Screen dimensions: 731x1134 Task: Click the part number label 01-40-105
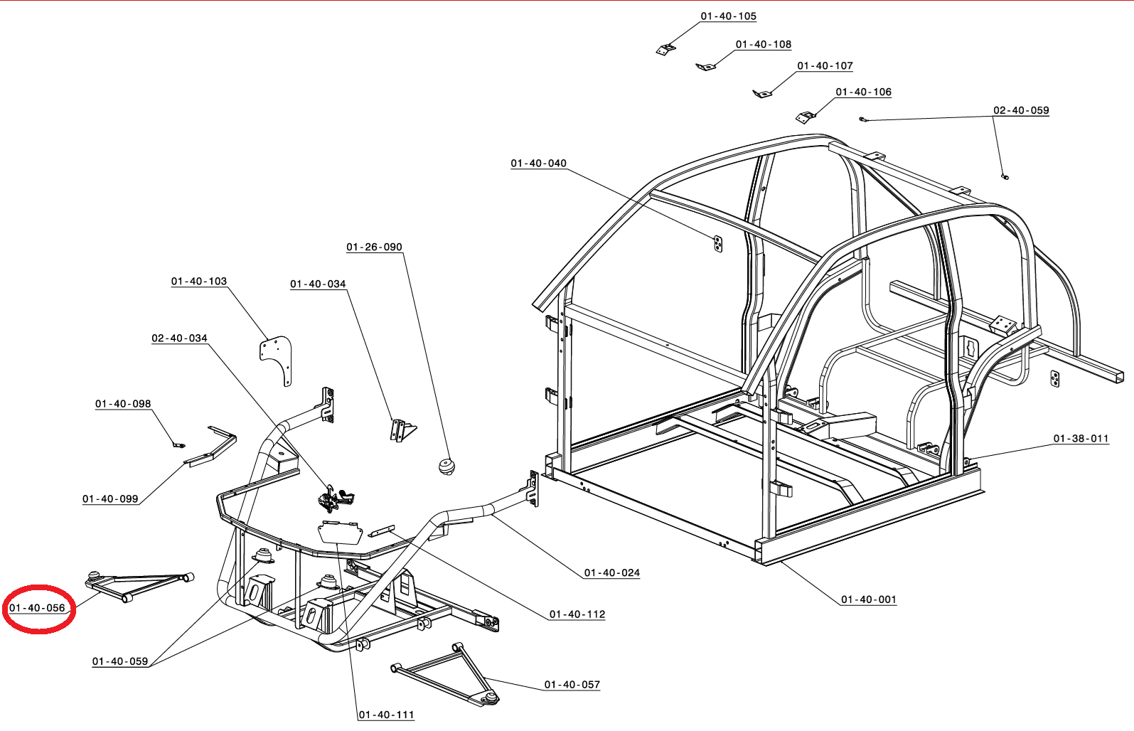(x=728, y=16)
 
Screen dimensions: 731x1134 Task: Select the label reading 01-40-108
(x=763, y=44)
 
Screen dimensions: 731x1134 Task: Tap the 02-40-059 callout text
(x=1020, y=110)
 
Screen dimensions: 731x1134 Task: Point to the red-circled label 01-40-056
(x=38, y=608)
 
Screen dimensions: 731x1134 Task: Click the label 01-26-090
(x=374, y=247)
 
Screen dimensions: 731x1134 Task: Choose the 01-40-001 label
(x=868, y=599)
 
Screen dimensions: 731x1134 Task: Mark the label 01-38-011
(x=1081, y=439)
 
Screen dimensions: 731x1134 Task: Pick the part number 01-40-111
(x=386, y=715)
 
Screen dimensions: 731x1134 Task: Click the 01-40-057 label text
(x=572, y=685)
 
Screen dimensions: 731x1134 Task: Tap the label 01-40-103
(x=198, y=282)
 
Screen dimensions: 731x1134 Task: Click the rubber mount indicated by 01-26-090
(x=446, y=466)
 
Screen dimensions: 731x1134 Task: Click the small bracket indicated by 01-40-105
(x=665, y=49)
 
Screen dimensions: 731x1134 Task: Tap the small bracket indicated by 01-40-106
(x=806, y=117)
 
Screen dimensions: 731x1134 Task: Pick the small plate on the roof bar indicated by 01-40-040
(x=718, y=245)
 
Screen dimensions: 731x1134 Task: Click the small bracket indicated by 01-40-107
(x=761, y=93)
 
